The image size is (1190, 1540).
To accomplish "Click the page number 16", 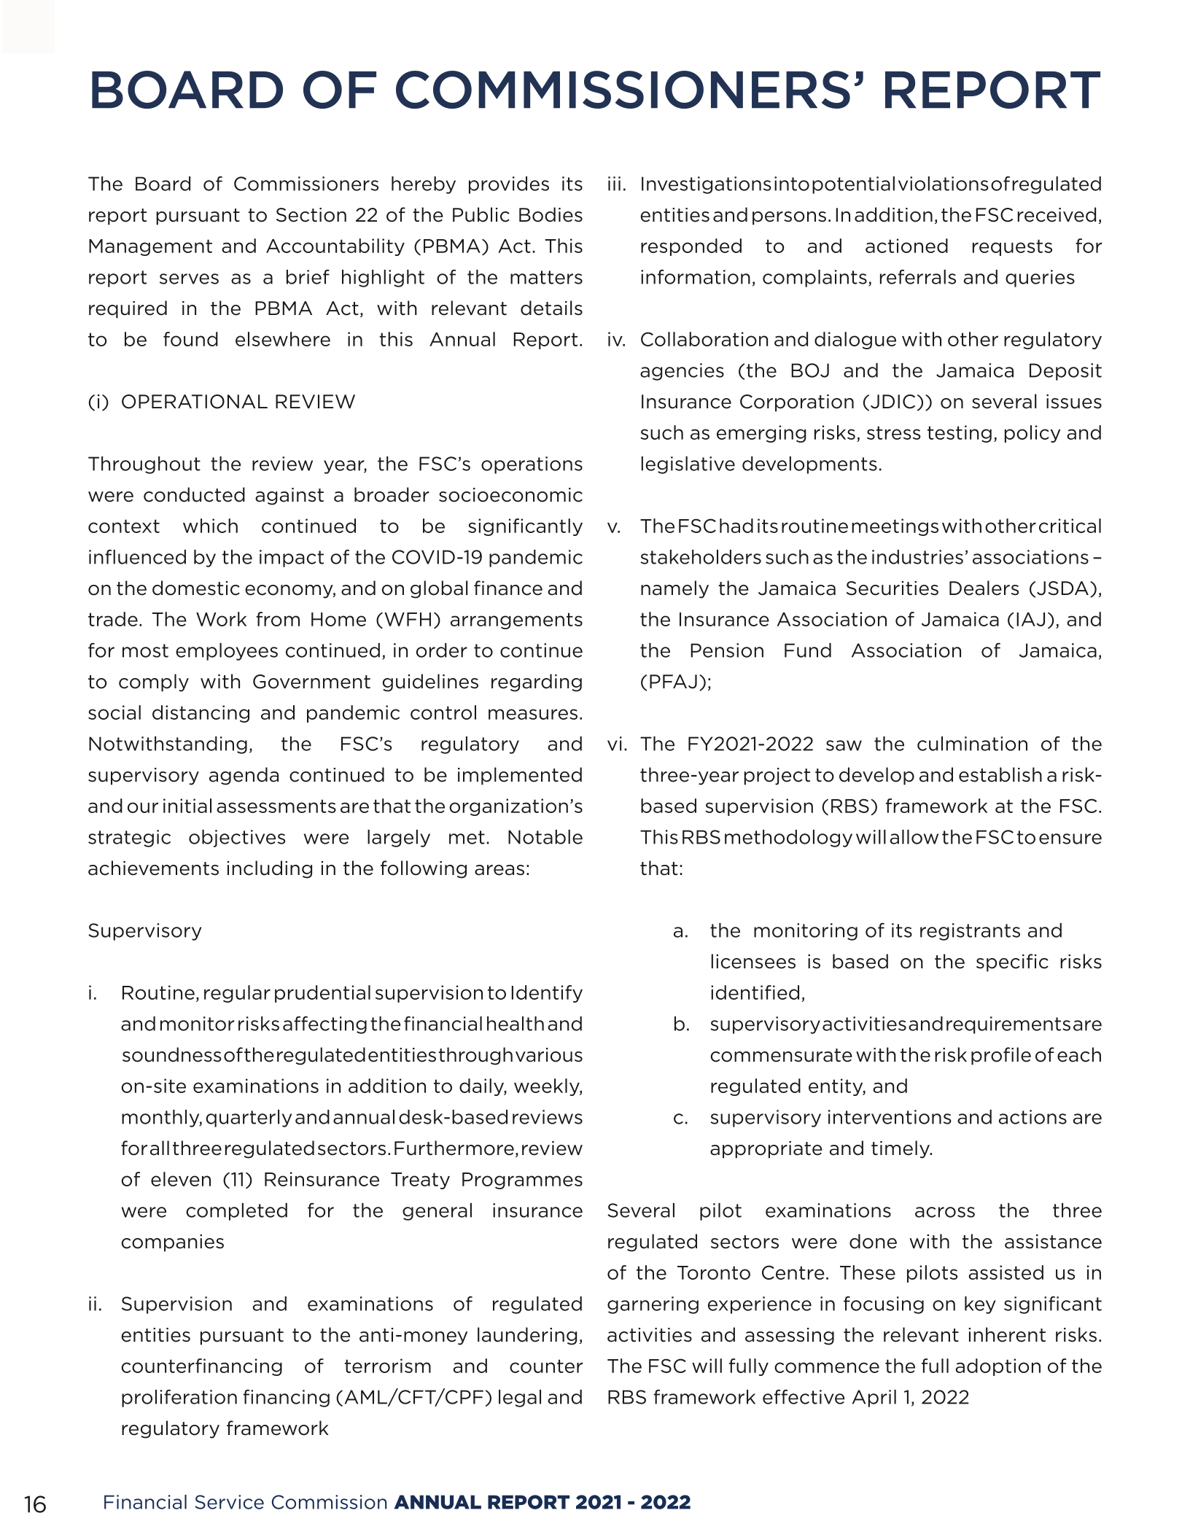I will coord(35,1504).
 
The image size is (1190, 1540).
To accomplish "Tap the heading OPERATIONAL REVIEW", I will coord(238,402).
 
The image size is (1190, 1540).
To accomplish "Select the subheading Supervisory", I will coord(144,930).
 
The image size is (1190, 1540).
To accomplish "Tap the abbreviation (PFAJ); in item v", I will coord(675,682).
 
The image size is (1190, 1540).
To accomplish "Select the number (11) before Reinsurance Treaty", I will coord(238,1179).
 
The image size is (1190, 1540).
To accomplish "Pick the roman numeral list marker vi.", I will coord(617,744).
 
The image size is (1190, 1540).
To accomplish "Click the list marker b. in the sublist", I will coord(681,1024).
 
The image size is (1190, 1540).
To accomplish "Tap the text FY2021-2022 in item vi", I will coord(750,744).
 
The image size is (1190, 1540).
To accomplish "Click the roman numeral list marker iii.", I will coord(617,184).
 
